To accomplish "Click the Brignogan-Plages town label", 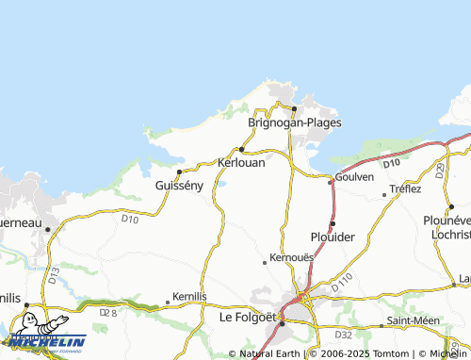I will [294, 123].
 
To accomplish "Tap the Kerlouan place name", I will [241, 162].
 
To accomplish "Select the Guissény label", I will [179, 186].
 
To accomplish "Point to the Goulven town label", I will [354, 176].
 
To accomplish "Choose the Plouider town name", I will [333, 237].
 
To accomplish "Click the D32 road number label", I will [344, 335].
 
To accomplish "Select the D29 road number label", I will [440, 170].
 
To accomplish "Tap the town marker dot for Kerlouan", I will [241, 149].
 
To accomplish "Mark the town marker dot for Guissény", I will [179, 172].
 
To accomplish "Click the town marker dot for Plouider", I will [333, 223].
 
